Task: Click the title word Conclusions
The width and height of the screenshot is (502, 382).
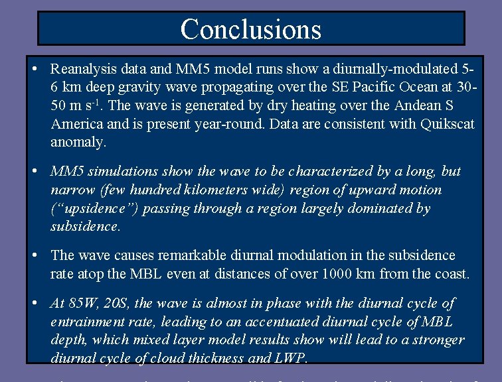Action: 250,29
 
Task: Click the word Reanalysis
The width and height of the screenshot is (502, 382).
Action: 82,68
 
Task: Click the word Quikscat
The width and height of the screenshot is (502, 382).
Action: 448,124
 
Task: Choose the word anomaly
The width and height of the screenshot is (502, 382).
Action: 77,143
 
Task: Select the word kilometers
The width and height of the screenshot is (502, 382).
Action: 250,190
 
